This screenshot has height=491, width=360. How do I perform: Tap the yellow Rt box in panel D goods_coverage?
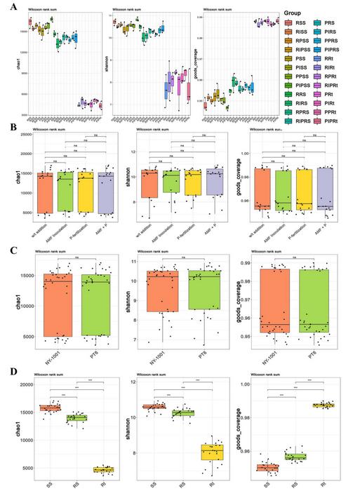(x=324, y=405)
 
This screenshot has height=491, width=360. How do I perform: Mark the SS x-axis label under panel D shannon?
(x=154, y=485)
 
